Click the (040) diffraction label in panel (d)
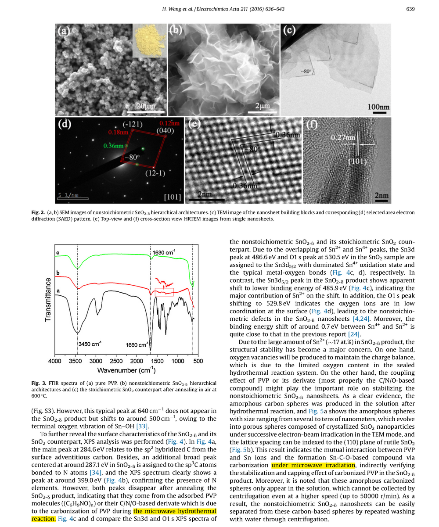click(169, 130)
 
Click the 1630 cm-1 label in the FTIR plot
click(165, 253)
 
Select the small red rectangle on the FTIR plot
click(165, 291)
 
